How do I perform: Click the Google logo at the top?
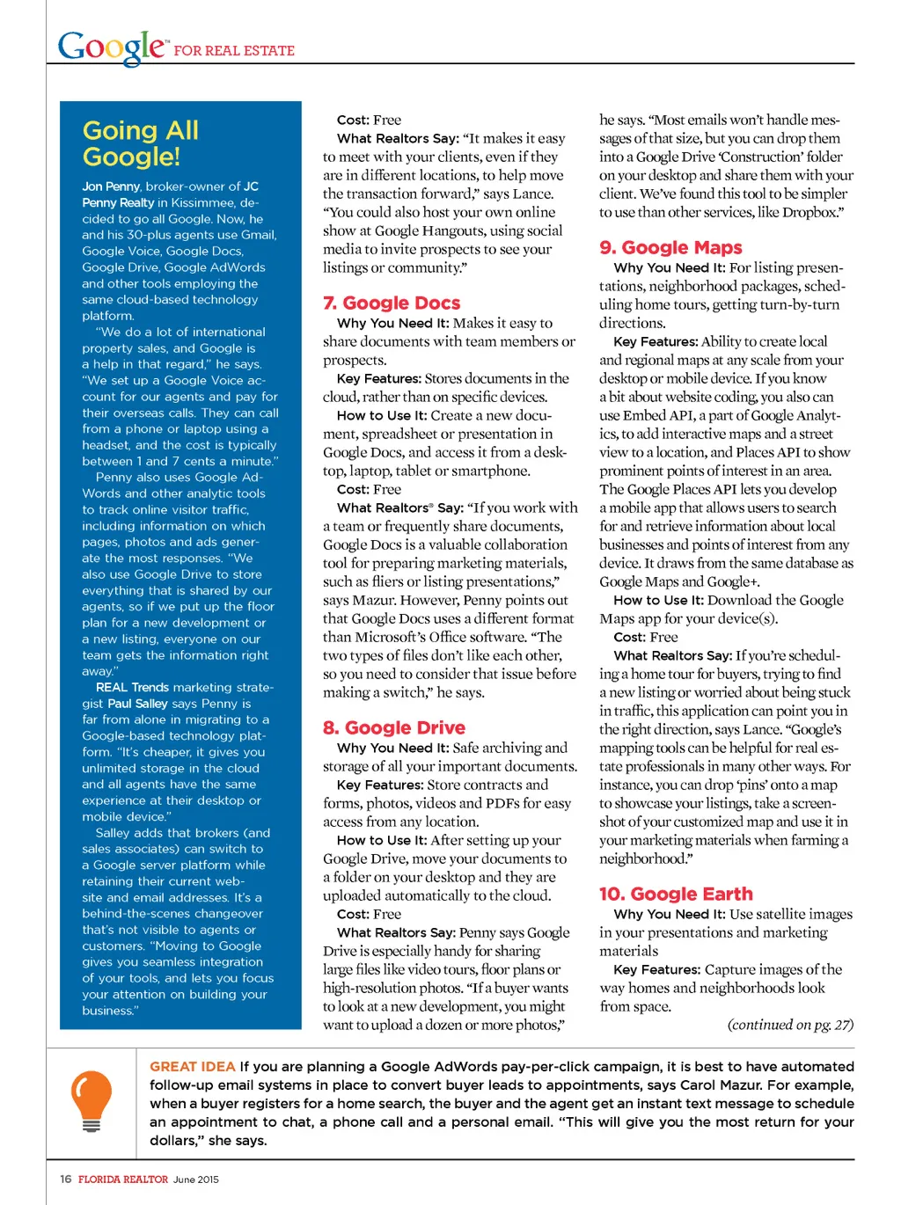click(111, 47)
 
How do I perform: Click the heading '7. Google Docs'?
click(392, 303)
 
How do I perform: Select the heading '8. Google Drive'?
click(394, 728)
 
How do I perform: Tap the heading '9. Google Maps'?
click(670, 248)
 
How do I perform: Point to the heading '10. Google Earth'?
click(676, 895)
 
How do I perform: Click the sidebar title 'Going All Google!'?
click(140, 143)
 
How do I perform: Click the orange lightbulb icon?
click(92, 1100)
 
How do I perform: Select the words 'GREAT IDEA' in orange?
click(192, 1067)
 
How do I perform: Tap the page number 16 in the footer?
click(66, 1179)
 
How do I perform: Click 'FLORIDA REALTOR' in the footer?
click(123, 1179)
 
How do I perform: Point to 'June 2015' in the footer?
click(196, 1179)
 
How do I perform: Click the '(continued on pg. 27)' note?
click(790, 1025)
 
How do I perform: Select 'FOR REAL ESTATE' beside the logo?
click(234, 51)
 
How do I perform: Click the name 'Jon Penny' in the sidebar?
click(111, 186)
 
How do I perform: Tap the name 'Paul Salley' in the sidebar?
click(137, 704)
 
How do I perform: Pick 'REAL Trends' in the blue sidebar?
click(132, 688)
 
